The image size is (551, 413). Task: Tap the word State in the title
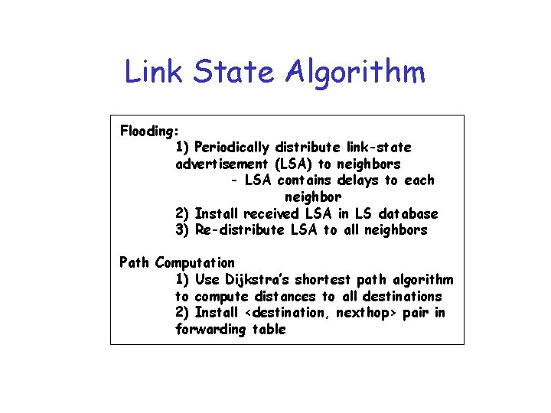pos(235,73)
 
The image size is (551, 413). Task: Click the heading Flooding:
pos(149,131)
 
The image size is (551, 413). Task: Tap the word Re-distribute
pos(239,230)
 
